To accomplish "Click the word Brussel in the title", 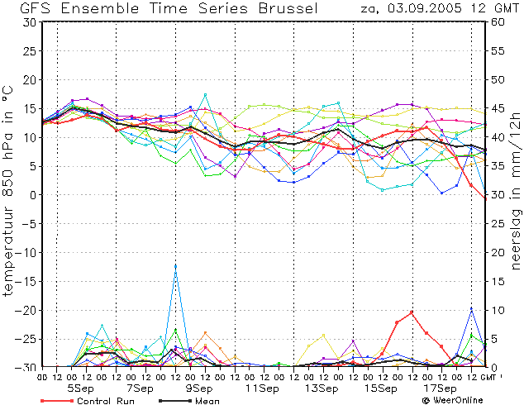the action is point(288,8).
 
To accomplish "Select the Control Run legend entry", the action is point(88,401).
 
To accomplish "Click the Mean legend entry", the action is point(189,401).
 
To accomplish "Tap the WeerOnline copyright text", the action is point(452,400).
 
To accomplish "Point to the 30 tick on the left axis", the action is point(31,22).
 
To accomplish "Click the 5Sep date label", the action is point(80,388).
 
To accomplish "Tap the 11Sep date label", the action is point(262,388).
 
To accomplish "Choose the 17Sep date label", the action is point(440,388).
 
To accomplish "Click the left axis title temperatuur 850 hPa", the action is point(8,191).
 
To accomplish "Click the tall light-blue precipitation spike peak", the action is point(175,266).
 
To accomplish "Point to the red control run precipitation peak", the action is point(412,312).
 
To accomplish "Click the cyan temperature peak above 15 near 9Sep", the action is point(205,95).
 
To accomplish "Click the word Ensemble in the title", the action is point(99,8).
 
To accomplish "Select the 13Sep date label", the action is point(322,388).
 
